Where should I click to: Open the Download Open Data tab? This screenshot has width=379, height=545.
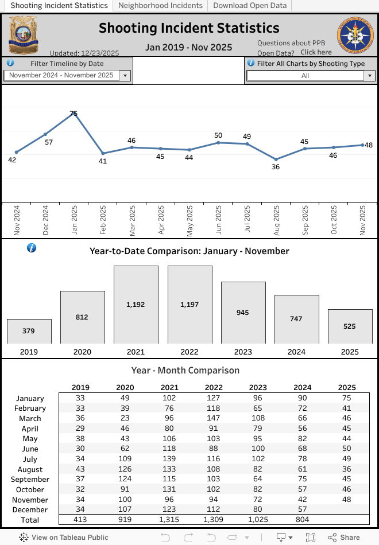250,5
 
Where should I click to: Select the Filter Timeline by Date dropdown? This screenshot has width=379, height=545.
68,75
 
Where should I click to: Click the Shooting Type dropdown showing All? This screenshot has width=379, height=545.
311,75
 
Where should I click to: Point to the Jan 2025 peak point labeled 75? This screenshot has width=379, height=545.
74,114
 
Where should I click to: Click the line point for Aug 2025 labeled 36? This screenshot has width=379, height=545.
276,159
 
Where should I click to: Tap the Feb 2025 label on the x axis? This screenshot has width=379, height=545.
103,221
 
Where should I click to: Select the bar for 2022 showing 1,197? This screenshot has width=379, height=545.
189,305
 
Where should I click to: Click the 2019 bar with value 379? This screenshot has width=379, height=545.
29,331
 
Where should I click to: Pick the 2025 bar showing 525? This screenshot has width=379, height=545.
350,326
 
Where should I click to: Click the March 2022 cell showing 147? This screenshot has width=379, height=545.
214,418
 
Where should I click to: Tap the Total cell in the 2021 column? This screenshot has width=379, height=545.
169,519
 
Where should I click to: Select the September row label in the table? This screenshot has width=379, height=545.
30,479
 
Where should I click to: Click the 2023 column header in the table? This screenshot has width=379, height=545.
258,387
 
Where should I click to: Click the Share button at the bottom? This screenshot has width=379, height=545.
344,538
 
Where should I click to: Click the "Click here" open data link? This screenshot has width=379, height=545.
316,52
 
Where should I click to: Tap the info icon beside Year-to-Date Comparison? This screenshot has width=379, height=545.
32,248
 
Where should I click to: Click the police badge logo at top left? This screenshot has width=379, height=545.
24,34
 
